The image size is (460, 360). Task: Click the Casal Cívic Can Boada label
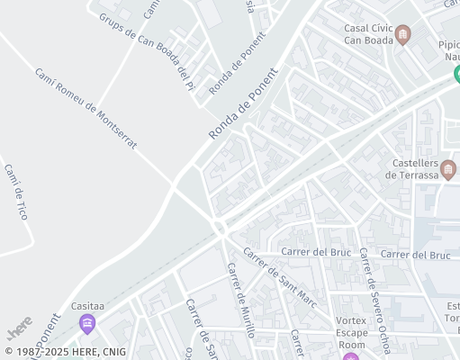(368, 33)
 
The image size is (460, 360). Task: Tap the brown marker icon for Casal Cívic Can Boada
(402, 35)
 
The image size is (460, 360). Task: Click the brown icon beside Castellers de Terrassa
(448, 167)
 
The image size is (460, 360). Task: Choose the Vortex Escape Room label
(351, 332)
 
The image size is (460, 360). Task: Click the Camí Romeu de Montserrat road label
(86, 108)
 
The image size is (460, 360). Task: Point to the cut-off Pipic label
(448, 44)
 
